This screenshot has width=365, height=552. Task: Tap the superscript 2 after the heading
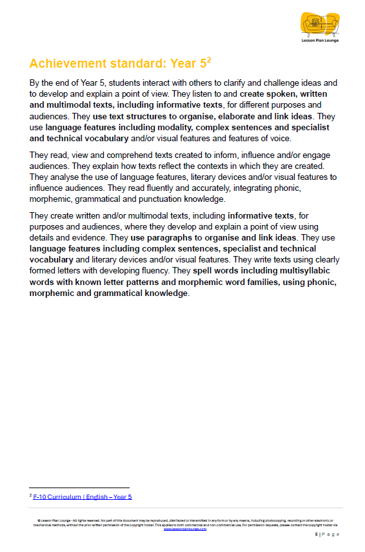click(209, 60)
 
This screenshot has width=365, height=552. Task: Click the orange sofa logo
click(319, 25)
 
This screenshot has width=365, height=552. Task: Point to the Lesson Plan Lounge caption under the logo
click(319, 41)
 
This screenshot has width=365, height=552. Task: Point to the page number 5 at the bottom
click(316, 535)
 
